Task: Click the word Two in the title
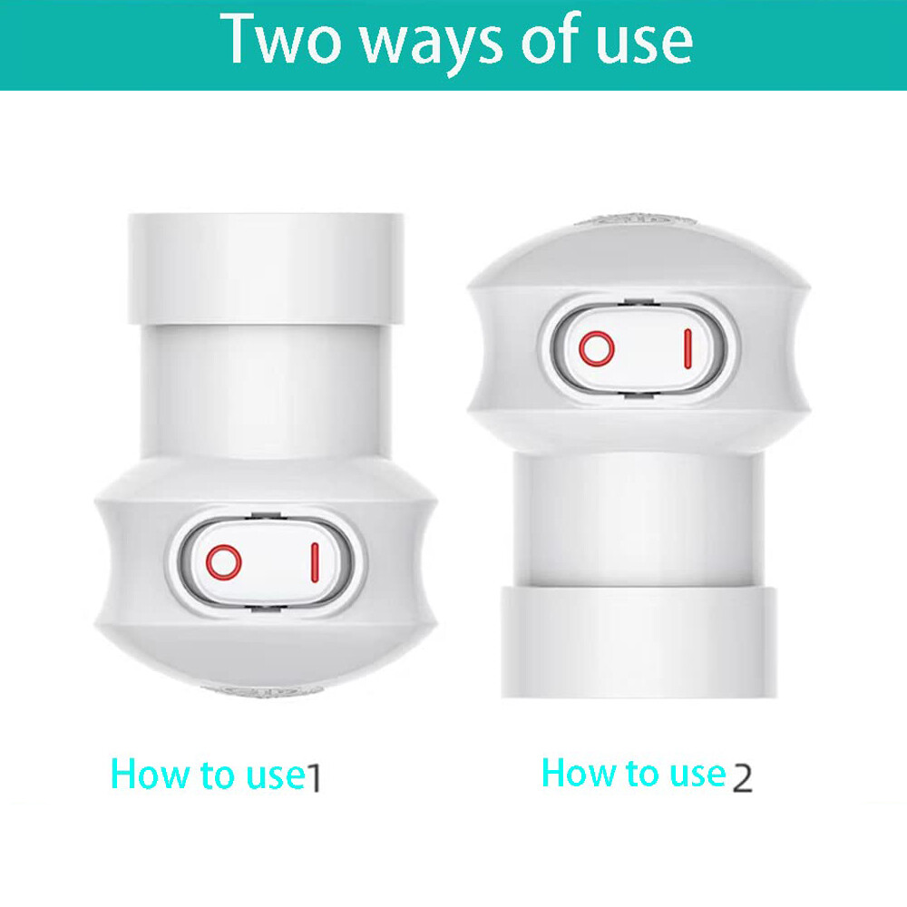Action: (272, 41)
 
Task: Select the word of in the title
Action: (544, 41)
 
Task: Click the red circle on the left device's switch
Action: (222, 562)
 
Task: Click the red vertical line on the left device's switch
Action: (314, 562)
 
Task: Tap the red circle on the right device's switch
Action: (596, 348)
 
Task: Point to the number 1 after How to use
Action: (313, 777)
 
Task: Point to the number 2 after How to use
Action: (742, 777)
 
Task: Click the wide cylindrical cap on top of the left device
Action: (266, 268)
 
